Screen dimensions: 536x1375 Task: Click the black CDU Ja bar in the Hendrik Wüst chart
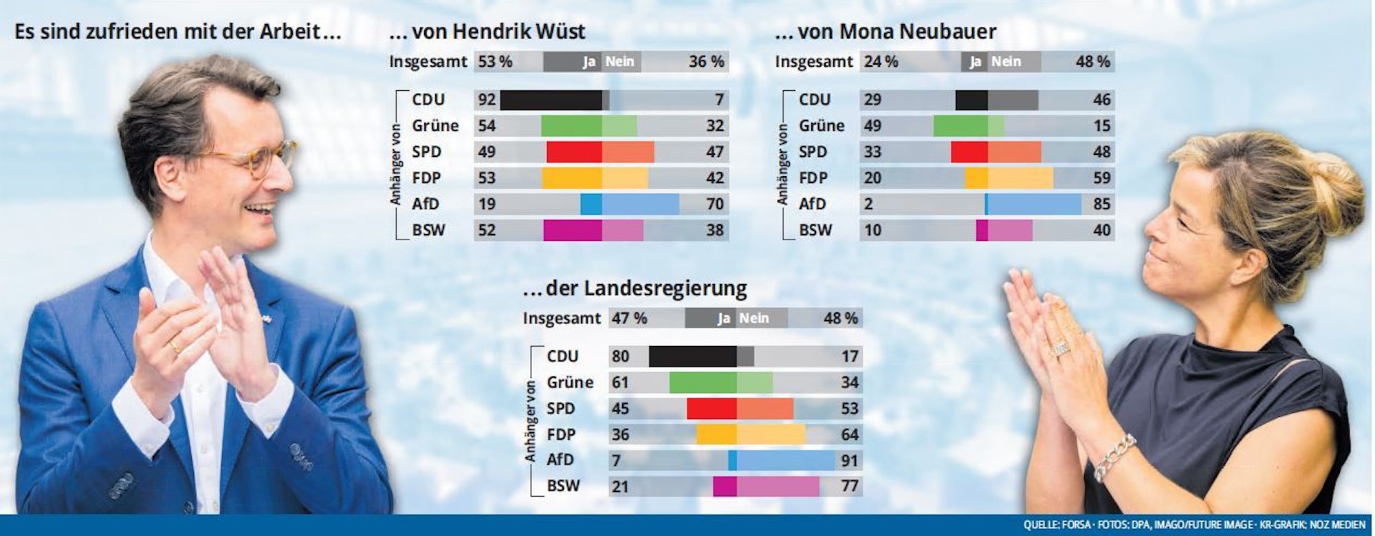550,100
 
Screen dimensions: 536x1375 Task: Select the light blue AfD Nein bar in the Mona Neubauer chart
1034,204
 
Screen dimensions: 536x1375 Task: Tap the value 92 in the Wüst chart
487,100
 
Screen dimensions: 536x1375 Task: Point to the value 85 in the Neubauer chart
1101,204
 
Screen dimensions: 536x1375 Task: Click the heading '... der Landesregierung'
635,288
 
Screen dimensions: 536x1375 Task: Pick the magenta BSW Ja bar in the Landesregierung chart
725,486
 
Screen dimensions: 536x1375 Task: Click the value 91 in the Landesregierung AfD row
850,460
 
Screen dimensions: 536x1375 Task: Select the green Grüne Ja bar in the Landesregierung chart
703,383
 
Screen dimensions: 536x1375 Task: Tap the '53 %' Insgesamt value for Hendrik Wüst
495,62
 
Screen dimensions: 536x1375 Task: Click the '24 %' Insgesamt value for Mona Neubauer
881,62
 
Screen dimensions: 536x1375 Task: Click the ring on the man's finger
175,346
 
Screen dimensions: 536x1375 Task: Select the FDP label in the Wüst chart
426,178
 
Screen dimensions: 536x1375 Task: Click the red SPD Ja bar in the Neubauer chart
969,152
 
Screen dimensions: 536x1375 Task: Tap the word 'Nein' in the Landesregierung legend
753,319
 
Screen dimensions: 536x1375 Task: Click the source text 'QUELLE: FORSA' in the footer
1056,525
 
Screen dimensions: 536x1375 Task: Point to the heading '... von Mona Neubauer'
885,32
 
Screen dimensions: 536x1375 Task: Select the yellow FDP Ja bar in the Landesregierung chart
716,435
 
